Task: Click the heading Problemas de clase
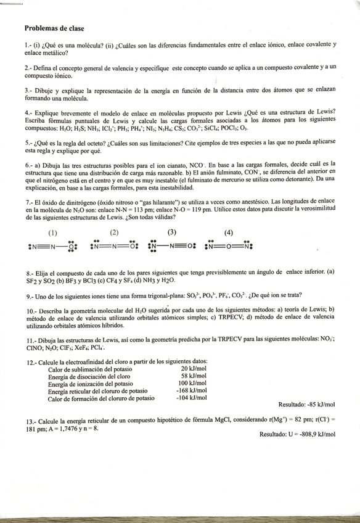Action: (55, 28)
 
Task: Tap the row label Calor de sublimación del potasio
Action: (88, 368)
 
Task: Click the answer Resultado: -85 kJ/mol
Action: (306, 405)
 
